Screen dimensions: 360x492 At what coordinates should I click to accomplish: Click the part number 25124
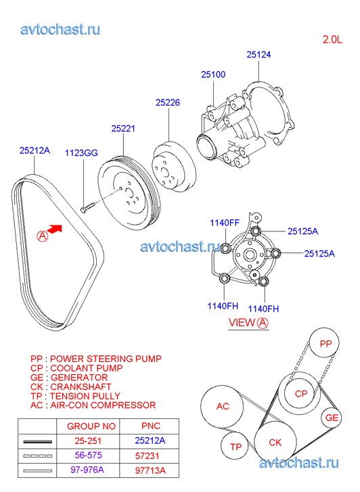(x=258, y=55)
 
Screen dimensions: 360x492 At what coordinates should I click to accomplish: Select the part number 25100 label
(x=213, y=74)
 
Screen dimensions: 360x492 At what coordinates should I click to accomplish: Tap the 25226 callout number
(x=168, y=103)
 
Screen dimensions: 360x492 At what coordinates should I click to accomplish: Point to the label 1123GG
(x=81, y=153)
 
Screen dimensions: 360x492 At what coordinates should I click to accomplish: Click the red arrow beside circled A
(x=55, y=229)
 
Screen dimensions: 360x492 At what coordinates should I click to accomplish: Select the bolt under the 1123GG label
(x=87, y=207)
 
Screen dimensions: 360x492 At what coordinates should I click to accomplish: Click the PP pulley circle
(x=325, y=343)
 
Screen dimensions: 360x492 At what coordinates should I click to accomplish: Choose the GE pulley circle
(x=331, y=418)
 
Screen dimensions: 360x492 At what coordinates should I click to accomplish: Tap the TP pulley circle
(x=235, y=446)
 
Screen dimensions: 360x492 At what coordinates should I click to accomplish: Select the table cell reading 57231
(x=147, y=456)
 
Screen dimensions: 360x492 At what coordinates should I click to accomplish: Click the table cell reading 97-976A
(x=87, y=470)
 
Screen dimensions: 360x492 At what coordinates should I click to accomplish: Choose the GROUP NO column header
(x=91, y=426)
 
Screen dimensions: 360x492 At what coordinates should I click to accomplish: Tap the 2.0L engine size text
(x=332, y=39)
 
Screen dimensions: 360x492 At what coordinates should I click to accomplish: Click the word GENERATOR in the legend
(x=79, y=378)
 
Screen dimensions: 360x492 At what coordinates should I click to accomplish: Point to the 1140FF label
(x=225, y=223)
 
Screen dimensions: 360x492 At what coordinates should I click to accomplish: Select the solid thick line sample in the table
(x=38, y=441)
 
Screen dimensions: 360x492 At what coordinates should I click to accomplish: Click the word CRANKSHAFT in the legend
(x=81, y=387)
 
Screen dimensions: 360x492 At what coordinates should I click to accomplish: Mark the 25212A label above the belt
(x=35, y=151)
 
